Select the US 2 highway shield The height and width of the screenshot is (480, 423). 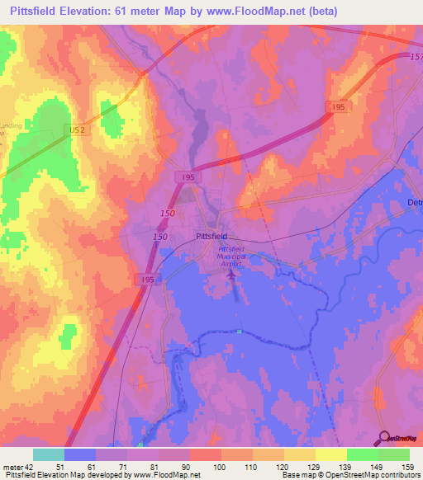(76, 130)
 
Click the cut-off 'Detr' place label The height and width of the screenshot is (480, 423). (415, 203)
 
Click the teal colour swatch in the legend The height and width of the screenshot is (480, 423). (49, 454)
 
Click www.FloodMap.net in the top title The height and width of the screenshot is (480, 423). (307, 10)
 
